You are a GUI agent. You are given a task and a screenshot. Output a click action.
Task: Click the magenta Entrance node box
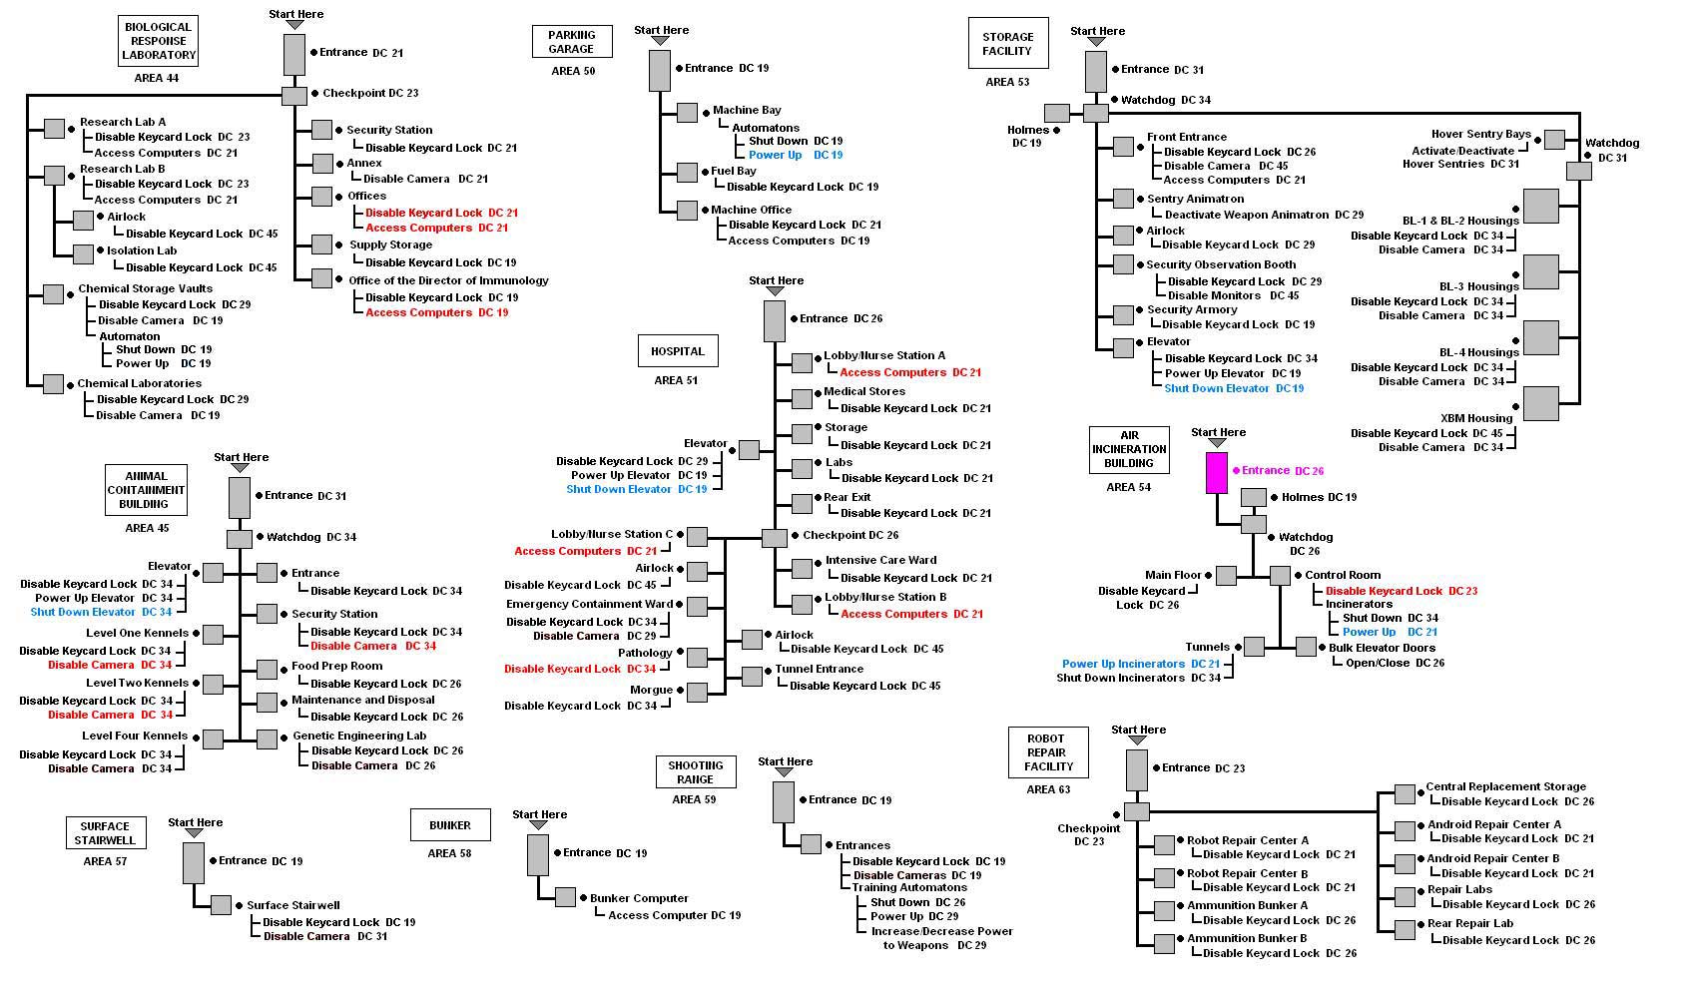(x=1216, y=473)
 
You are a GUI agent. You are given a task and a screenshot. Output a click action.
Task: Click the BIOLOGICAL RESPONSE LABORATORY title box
(x=159, y=41)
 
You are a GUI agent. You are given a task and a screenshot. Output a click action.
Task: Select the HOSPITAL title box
(x=678, y=351)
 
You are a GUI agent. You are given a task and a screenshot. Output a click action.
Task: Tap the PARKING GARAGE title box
(x=572, y=42)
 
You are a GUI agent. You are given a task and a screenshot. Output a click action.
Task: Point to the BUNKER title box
(x=450, y=825)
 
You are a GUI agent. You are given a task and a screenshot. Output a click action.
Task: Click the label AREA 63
(x=1048, y=789)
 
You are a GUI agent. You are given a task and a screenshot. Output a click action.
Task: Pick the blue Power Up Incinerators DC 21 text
(x=1141, y=664)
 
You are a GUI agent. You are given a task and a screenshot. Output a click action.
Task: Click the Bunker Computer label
(x=639, y=898)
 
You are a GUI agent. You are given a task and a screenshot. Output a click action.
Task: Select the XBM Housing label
(x=1476, y=418)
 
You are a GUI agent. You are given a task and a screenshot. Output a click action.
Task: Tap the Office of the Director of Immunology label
(x=448, y=280)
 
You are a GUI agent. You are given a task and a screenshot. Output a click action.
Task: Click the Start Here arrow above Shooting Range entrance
(x=784, y=772)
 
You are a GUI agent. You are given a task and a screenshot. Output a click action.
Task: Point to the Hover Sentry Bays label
(x=1481, y=135)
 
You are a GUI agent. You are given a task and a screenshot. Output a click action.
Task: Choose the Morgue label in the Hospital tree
(x=651, y=690)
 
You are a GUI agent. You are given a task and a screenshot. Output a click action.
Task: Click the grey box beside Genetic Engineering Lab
(x=268, y=740)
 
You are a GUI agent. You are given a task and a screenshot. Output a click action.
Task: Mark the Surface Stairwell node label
(x=293, y=905)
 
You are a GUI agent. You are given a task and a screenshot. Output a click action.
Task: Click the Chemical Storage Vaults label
(x=145, y=288)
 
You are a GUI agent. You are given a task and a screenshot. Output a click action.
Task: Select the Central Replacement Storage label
(x=1506, y=786)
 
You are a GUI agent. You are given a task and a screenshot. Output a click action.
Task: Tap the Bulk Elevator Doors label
(x=1383, y=648)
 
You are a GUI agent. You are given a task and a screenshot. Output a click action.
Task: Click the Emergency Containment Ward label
(x=589, y=604)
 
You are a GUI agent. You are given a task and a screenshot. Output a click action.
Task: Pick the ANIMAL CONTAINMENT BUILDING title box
(x=146, y=490)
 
